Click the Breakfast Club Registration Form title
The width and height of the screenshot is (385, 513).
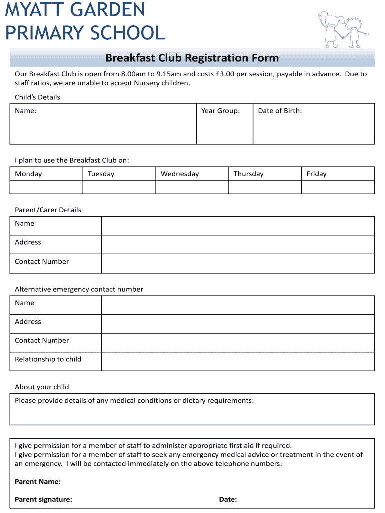192,58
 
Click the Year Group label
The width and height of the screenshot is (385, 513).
220,111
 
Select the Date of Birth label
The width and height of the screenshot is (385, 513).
280,111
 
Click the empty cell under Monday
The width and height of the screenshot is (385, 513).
46,187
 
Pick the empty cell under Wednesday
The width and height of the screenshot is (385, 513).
192,187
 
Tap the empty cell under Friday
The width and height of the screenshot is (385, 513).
338,187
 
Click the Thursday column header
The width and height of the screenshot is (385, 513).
248,174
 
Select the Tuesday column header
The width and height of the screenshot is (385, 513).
101,174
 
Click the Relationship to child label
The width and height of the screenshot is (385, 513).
48,359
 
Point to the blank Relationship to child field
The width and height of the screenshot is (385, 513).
238,361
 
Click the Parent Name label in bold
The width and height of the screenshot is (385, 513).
38,481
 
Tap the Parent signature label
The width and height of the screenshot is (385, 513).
43,499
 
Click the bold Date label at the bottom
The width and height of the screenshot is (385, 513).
228,499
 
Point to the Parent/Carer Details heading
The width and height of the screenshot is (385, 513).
48,210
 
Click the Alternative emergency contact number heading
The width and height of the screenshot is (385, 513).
79,289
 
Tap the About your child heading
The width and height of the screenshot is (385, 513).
42,387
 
